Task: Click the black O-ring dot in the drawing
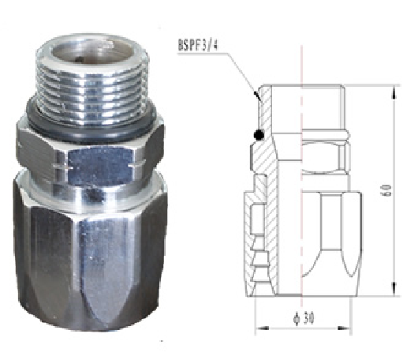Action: coord(258,138)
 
